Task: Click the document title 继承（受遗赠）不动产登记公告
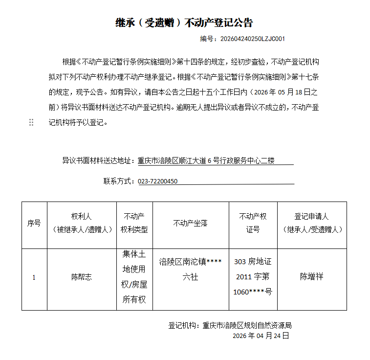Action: pyautogui.click(x=184, y=22)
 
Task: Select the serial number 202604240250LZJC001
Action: pyautogui.click(x=253, y=39)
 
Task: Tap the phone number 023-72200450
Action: pyautogui.click(x=158, y=181)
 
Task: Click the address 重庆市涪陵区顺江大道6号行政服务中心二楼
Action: pyautogui.click(x=206, y=160)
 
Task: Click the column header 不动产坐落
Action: pyautogui.click(x=191, y=224)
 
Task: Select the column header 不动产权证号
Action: pyautogui.click(x=253, y=224)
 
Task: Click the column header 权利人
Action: pyautogui.click(x=82, y=217)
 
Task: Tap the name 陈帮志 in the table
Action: pyautogui.click(x=82, y=277)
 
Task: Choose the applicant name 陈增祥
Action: pyautogui.click(x=312, y=276)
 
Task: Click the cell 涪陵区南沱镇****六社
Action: pyautogui.click(x=191, y=269)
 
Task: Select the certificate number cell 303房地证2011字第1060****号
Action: pyautogui.click(x=253, y=277)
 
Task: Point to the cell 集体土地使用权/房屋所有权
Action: pyautogui.click(x=134, y=277)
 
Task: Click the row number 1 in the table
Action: pyautogui.click(x=34, y=277)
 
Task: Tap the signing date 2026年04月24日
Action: pyautogui.click(x=261, y=336)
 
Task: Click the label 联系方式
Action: pyautogui.click(x=118, y=181)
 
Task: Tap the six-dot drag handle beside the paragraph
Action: pyautogui.click(x=31, y=122)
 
